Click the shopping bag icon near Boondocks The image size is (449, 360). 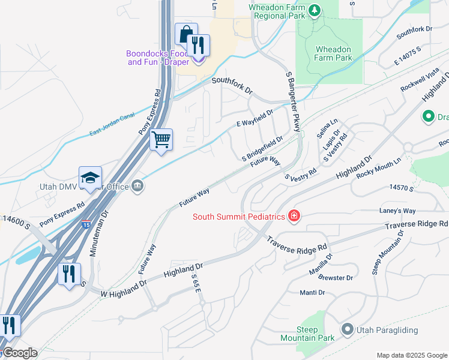click(185, 34)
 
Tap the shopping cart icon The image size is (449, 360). click(161, 139)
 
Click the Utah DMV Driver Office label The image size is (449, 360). click(85, 187)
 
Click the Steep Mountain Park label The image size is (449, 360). click(315, 334)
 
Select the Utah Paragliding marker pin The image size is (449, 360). click(347, 329)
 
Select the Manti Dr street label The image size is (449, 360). click(312, 293)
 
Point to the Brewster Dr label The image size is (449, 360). click(336, 278)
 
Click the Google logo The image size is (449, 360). click(19, 353)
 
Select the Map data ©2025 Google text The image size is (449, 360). click(411, 355)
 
